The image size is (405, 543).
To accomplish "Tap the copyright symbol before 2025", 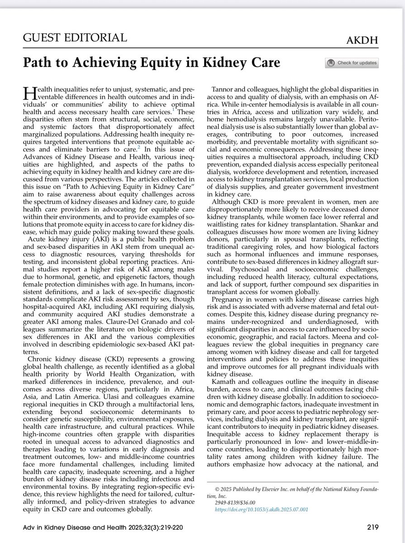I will coord(217,489).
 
